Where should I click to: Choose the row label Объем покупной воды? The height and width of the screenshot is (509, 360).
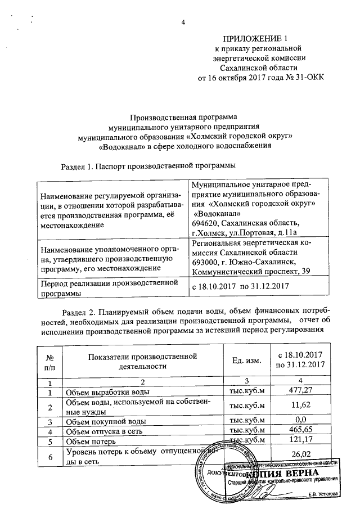click(102, 421)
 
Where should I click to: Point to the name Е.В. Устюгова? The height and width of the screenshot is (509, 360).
click(320, 494)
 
